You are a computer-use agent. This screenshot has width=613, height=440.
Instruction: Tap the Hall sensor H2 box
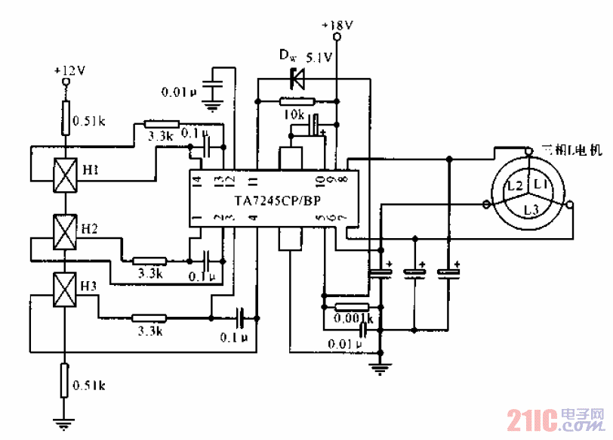[x=66, y=232]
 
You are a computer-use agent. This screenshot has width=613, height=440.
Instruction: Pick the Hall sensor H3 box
[x=66, y=290]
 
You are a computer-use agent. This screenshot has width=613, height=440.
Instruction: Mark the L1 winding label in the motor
[x=539, y=184]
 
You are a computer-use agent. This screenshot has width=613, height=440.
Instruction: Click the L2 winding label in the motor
[x=515, y=185]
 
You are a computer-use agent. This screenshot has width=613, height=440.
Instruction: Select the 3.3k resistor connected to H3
[x=149, y=318]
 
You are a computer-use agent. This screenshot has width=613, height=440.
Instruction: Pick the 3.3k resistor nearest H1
[x=161, y=124]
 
